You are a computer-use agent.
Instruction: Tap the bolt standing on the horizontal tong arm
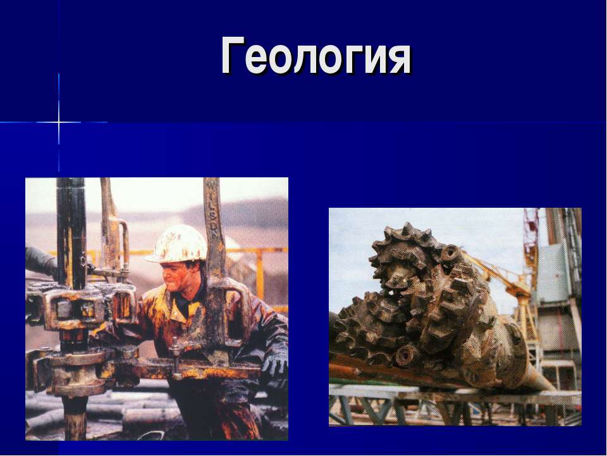point(175,351)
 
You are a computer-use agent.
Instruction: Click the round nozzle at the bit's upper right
point(450,253)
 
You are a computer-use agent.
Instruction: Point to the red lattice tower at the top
point(530,234)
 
